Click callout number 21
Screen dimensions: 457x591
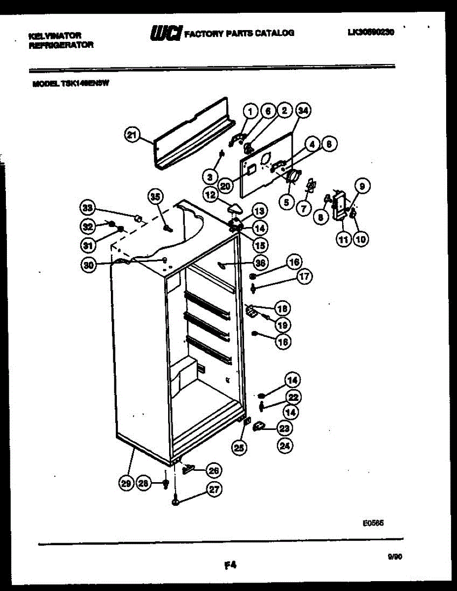pyautogui.click(x=132, y=135)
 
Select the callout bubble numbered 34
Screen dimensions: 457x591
pyautogui.click(x=303, y=111)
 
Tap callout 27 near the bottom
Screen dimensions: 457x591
pyautogui.click(x=215, y=490)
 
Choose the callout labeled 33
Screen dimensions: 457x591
pyautogui.click(x=88, y=208)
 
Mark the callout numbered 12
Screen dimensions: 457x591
pyautogui.click(x=211, y=195)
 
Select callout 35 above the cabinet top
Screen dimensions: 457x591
pyautogui.click(x=155, y=197)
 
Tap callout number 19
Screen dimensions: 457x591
pyautogui.click(x=283, y=325)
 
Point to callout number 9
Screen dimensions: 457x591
pyautogui.click(x=362, y=187)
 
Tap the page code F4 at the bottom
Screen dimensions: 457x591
pyautogui.click(x=229, y=565)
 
